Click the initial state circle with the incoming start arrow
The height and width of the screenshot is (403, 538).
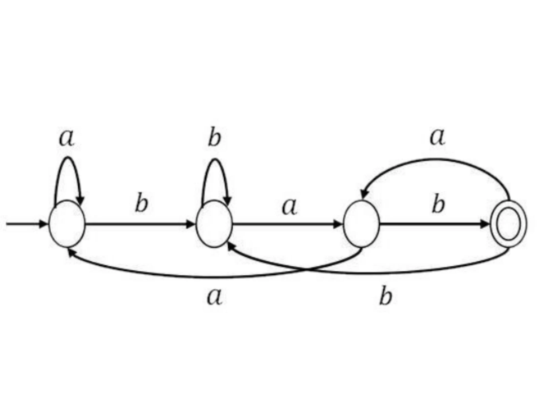tap(67, 224)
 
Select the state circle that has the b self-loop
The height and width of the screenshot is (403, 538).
tap(214, 224)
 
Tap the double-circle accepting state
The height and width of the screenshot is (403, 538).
tap(508, 224)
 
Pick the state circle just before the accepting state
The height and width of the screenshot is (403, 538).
tap(361, 224)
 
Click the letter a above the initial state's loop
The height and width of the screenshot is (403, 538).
tap(67, 139)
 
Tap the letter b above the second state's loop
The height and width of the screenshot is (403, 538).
tap(215, 138)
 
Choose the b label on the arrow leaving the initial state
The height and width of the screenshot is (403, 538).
tap(142, 203)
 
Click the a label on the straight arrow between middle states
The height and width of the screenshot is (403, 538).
tap(290, 207)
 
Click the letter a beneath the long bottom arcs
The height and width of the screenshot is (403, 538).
tap(215, 297)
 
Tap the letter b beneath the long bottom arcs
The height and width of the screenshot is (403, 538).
tap(386, 295)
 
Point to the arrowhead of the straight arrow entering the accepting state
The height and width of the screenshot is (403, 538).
tap(485, 224)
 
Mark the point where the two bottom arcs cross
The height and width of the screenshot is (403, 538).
tap(307, 270)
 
